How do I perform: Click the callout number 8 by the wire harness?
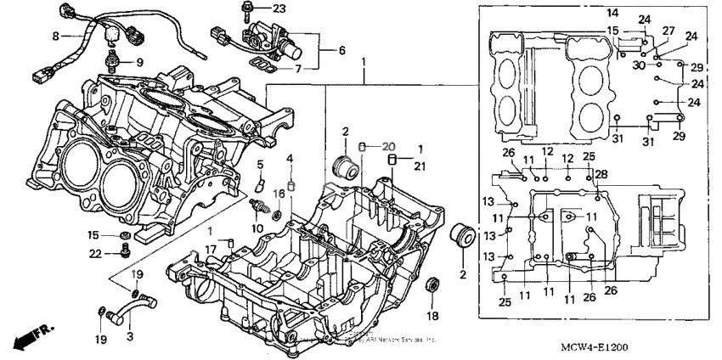tap(56, 36)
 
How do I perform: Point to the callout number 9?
tap(140, 61)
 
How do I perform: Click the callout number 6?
tap(341, 50)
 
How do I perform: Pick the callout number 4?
tap(290, 159)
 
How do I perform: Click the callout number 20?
tap(389, 146)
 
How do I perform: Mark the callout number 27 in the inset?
tap(668, 31)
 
